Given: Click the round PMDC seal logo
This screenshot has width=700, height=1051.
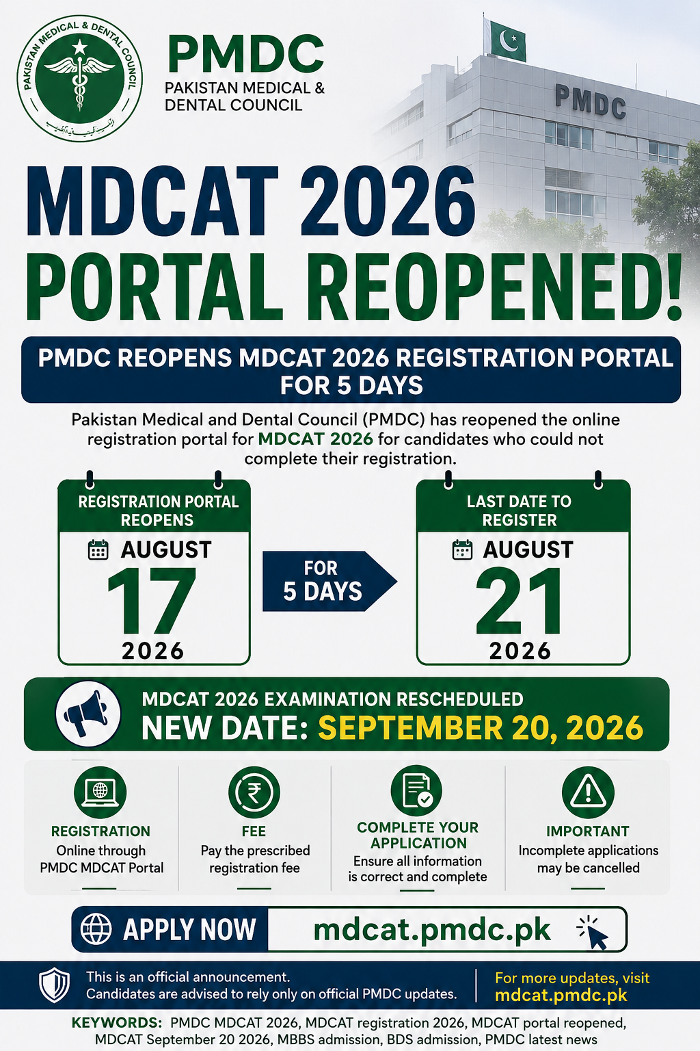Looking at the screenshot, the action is (x=80, y=78).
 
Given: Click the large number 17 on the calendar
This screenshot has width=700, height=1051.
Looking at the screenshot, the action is (x=152, y=600).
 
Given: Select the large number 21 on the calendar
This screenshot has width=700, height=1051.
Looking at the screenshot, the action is (x=519, y=600).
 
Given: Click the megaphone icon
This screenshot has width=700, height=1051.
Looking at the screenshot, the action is (x=87, y=714).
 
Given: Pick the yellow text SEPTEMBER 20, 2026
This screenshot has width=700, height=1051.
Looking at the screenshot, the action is (x=481, y=727).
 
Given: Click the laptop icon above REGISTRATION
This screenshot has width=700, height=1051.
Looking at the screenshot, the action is (x=100, y=792).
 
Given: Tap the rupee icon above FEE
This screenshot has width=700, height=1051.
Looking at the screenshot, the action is (x=254, y=792).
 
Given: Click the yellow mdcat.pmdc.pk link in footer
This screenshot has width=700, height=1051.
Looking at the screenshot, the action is (x=561, y=995).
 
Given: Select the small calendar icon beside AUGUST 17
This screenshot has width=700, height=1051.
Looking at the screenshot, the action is (x=98, y=549).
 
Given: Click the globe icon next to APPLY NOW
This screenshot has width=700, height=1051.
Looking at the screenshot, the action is (x=96, y=929).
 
